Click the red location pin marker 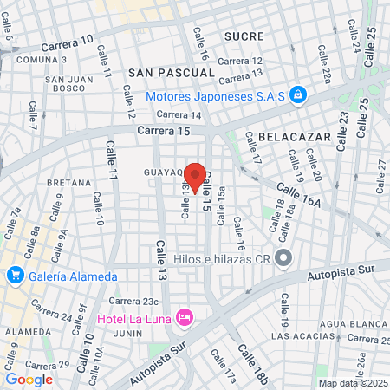pos(196,178)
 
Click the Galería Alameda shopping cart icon pos(15,276)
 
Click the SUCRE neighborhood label pos(243,36)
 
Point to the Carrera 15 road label pos(164,130)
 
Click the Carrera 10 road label pos(68,42)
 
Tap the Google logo pos(29,379)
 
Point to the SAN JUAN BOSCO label pos(65,82)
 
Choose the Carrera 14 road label pos(179,114)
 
